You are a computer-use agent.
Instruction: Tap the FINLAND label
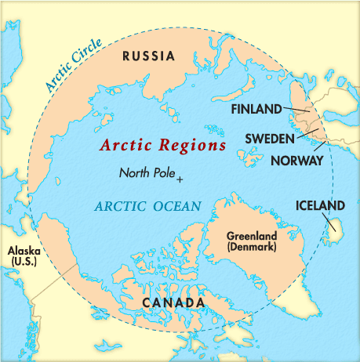coord(256,108)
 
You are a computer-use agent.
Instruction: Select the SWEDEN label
coord(270,139)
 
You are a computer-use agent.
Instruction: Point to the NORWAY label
coord(296,161)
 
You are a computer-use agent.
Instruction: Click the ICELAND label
coord(320,205)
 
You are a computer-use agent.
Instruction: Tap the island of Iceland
coord(337,226)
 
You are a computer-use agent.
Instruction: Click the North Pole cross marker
coord(180,179)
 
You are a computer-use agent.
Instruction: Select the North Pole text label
coord(147,172)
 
